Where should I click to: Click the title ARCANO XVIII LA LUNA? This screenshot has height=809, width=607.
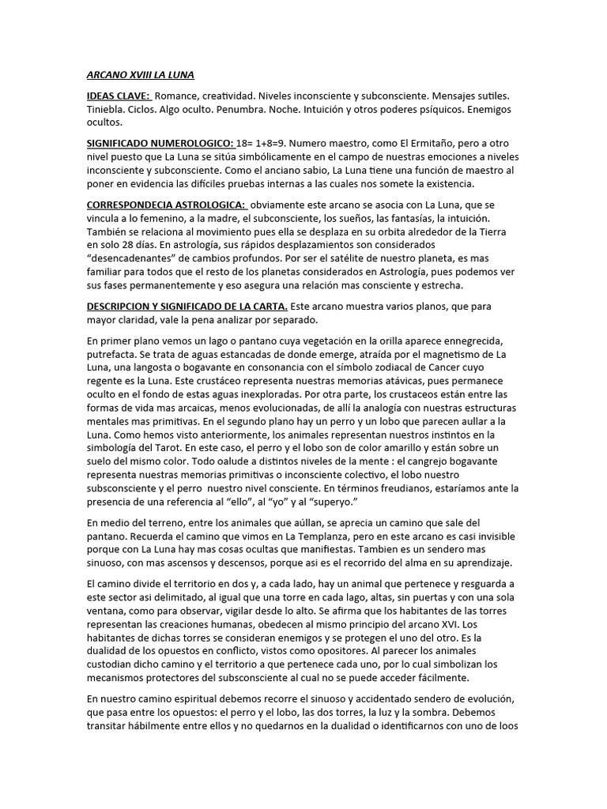tap(140, 75)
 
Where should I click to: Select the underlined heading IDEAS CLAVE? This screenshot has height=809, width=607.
tap(117, 96)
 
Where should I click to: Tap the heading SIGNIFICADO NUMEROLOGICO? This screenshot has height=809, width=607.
tap(160, 143)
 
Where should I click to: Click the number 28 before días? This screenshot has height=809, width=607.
tap(134, 245)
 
